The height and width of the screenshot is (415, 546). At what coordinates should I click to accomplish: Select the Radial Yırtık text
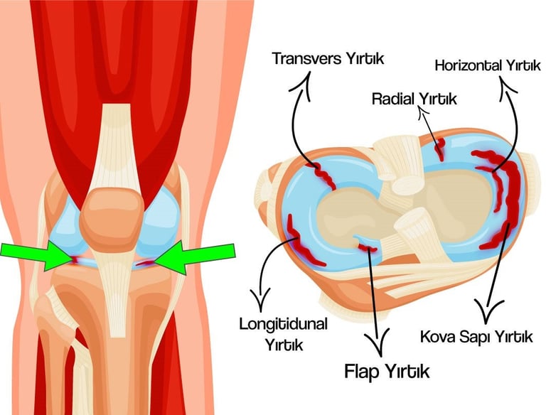click(x=414, y=98)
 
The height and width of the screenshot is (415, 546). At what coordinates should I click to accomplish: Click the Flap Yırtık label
click(x=387, y=370)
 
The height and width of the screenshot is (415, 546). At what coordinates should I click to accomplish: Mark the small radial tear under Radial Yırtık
click(x=440, y=149)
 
